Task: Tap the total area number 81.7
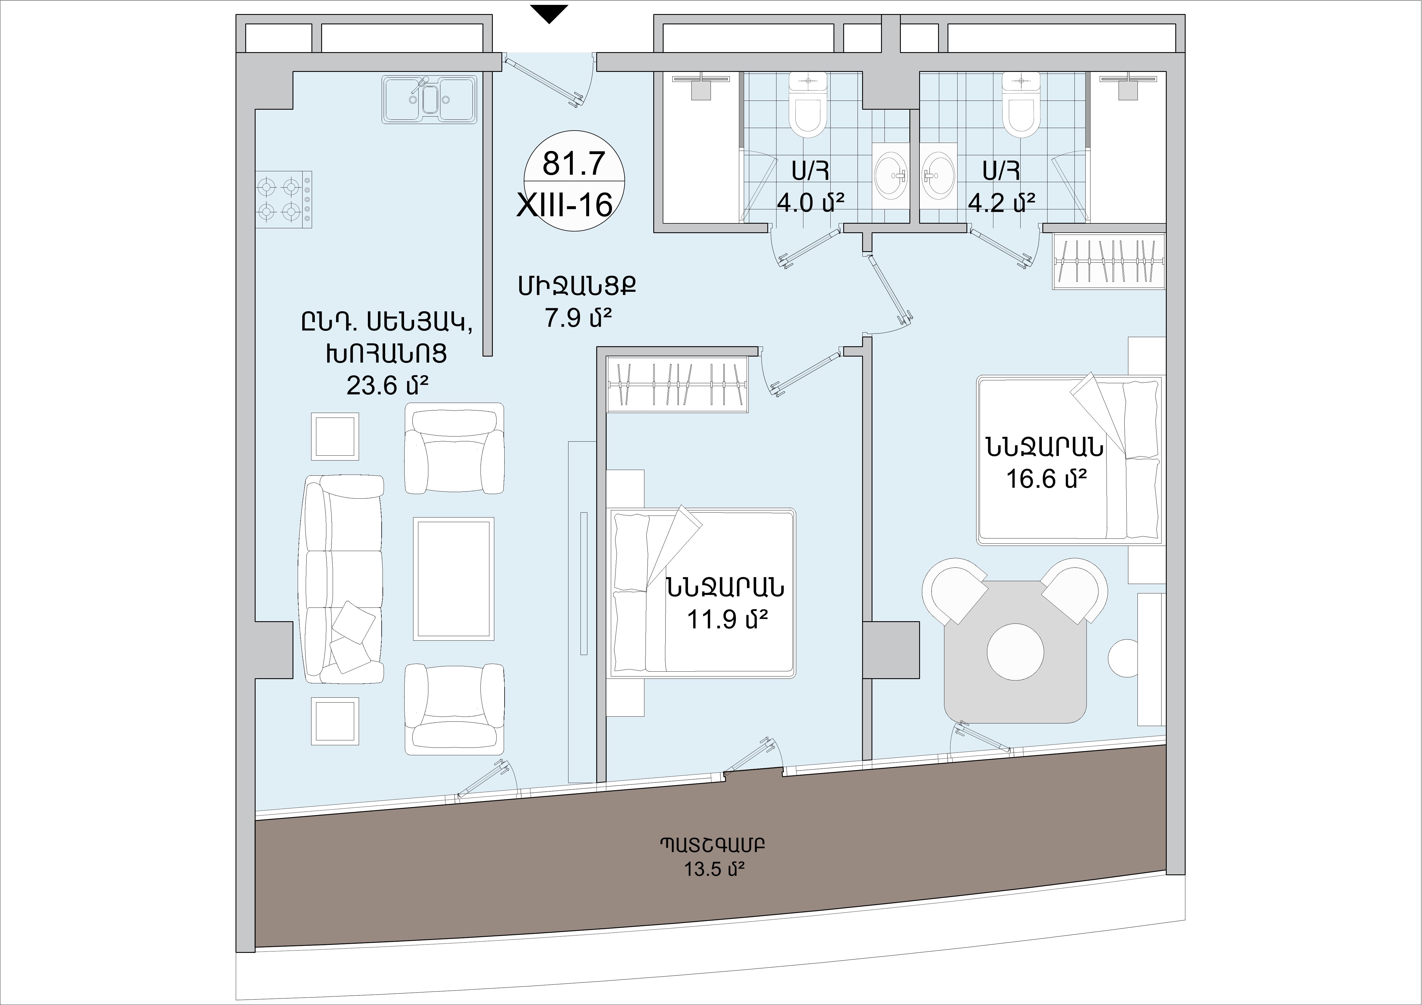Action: click(574, 164)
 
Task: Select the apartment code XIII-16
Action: click(565, 205)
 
